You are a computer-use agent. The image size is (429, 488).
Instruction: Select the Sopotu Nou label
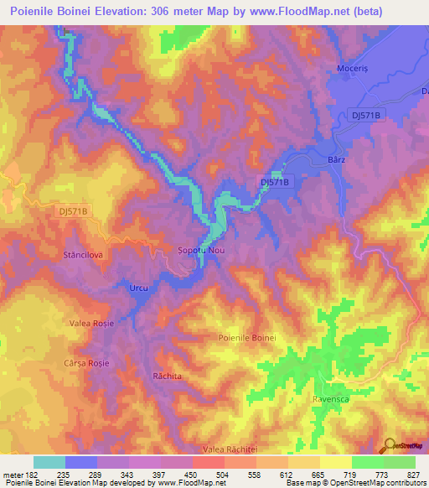(x=200, y=250)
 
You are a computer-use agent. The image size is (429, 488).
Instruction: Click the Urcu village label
(x=138, y=288)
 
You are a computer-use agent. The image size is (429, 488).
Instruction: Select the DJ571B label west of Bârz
(x=275, y=181)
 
